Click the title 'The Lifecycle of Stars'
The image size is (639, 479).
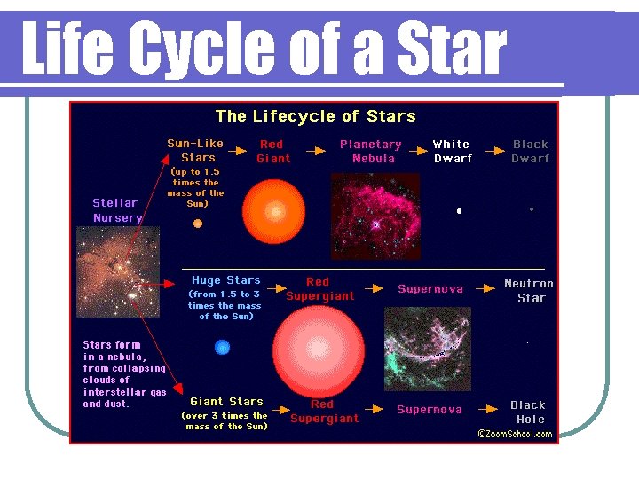315,116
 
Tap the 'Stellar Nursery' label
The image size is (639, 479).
117,210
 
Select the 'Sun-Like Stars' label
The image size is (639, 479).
195,151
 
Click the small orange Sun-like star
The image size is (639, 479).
198,224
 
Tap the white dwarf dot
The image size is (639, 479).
459,211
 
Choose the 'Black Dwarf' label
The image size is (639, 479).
531,152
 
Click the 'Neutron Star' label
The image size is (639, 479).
529,291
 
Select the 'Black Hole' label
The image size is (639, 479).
529,412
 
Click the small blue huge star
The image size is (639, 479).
222,347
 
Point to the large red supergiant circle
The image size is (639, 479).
318,349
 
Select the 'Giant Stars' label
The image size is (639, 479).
226,401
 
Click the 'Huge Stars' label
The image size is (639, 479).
225,280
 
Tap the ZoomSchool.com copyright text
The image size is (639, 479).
516,434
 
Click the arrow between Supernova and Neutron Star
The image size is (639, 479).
483,288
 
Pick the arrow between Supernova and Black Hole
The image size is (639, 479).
484,409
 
